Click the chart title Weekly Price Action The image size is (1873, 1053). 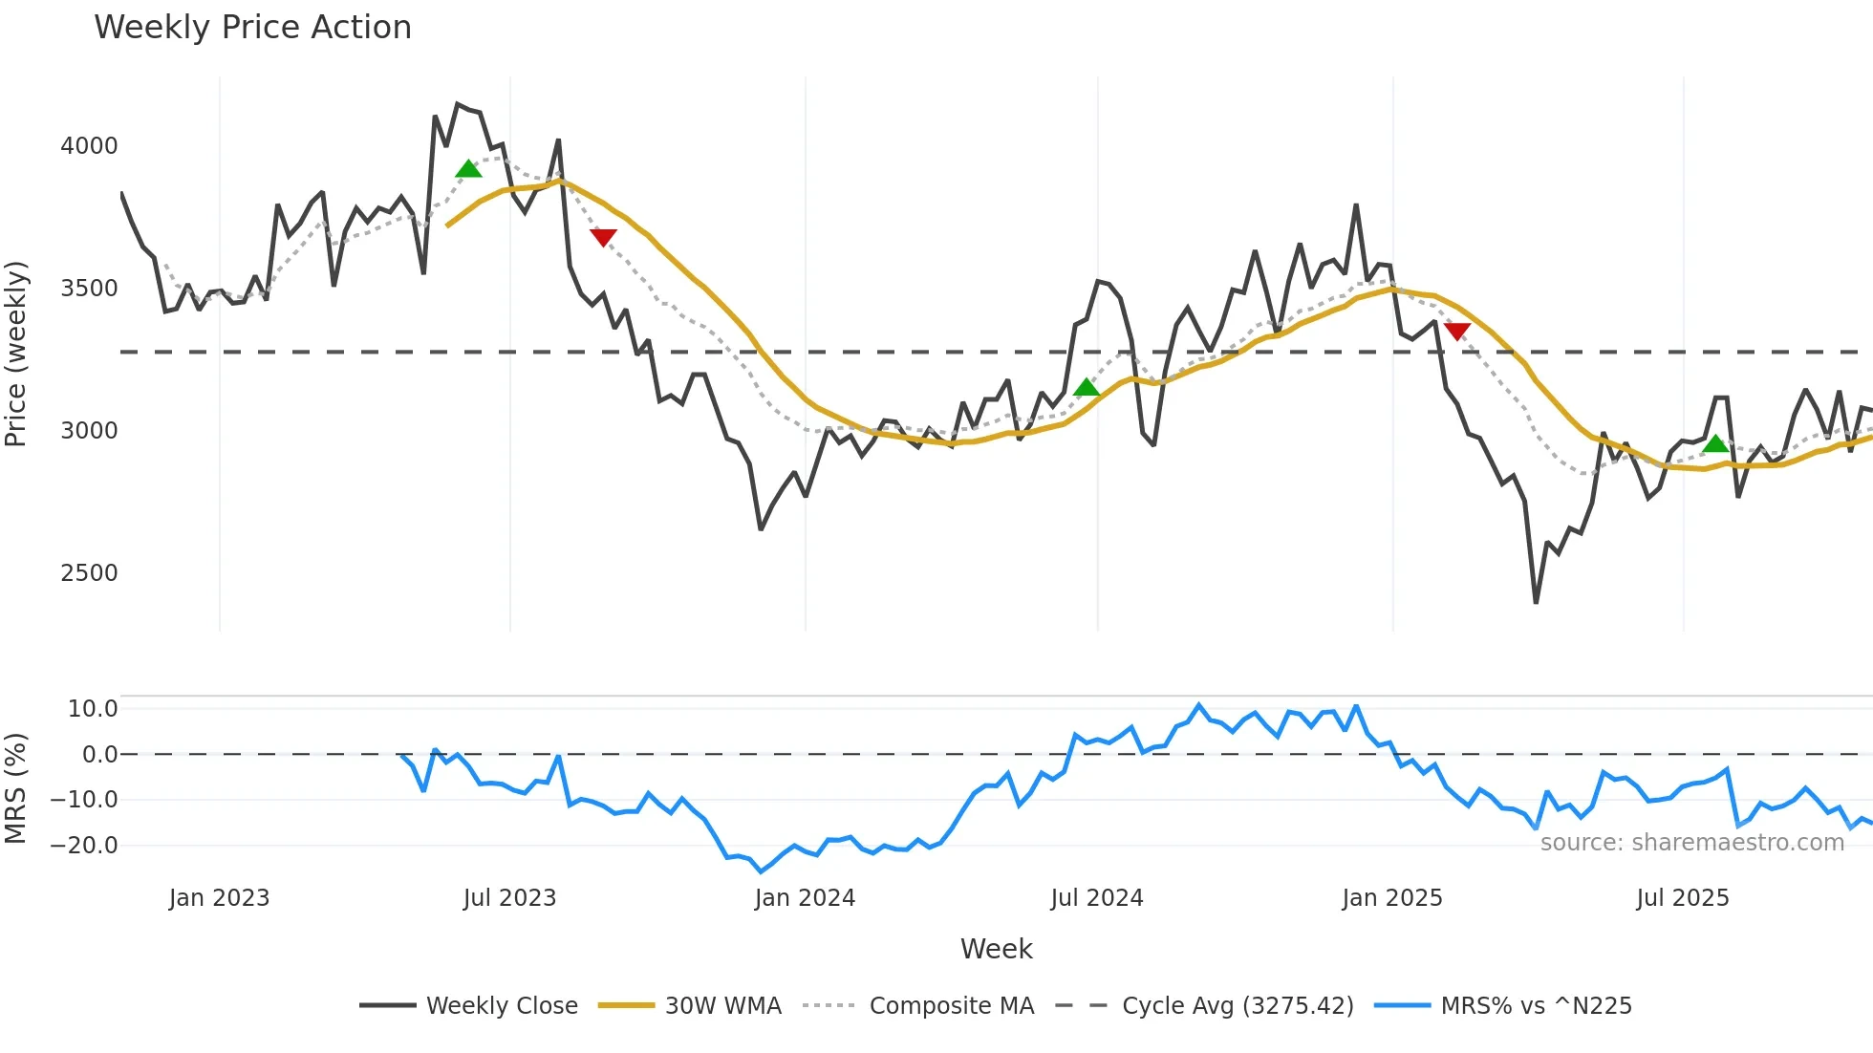pyautogui.click(x=252, y=28)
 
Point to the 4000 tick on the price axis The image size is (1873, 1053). pyautogui.click(x=89, y=146)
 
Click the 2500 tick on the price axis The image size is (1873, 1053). pyautogui.click(x=89, y=573)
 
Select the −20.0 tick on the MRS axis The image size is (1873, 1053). pyautogui.click(x=84, y=846)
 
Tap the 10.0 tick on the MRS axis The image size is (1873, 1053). pyautogui.click(x=93, y=709)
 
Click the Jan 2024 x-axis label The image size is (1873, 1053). pyautogui.click(x=805, y=898)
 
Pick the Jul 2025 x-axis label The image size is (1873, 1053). pyautogui.click(x=1683, y=898)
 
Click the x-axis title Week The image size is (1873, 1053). pyautogui.click(x=996, y=949)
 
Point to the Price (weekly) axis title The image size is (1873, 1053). pyautogui.click(x=16, y=354)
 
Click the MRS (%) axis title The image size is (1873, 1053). pyautogui.click(x=16, y=788)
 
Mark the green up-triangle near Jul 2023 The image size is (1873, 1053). pyautogui.click(x=468, y=170)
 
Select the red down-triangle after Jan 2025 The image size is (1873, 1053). pyautogui.click(x=1457, y=332)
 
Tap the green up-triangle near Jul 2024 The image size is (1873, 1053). pyautogui.click(x=1087, y=388)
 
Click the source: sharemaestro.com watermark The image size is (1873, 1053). pyautogui.click(x=1691, y=843)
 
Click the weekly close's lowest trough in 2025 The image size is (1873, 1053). pyautogui.click(x=1536, y=602)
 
